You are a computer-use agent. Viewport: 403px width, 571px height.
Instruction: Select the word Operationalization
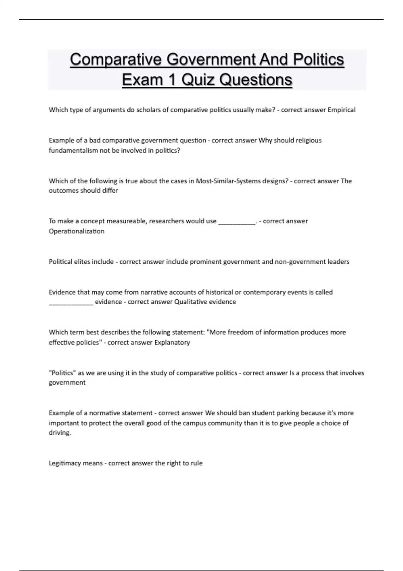[x=77, y=231]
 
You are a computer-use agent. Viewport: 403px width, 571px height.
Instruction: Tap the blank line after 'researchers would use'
[x=237, y=222]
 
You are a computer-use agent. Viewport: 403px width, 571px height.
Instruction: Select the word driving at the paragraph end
[x=59, y=433]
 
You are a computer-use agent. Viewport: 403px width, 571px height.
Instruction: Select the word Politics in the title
[x=318, y=60]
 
